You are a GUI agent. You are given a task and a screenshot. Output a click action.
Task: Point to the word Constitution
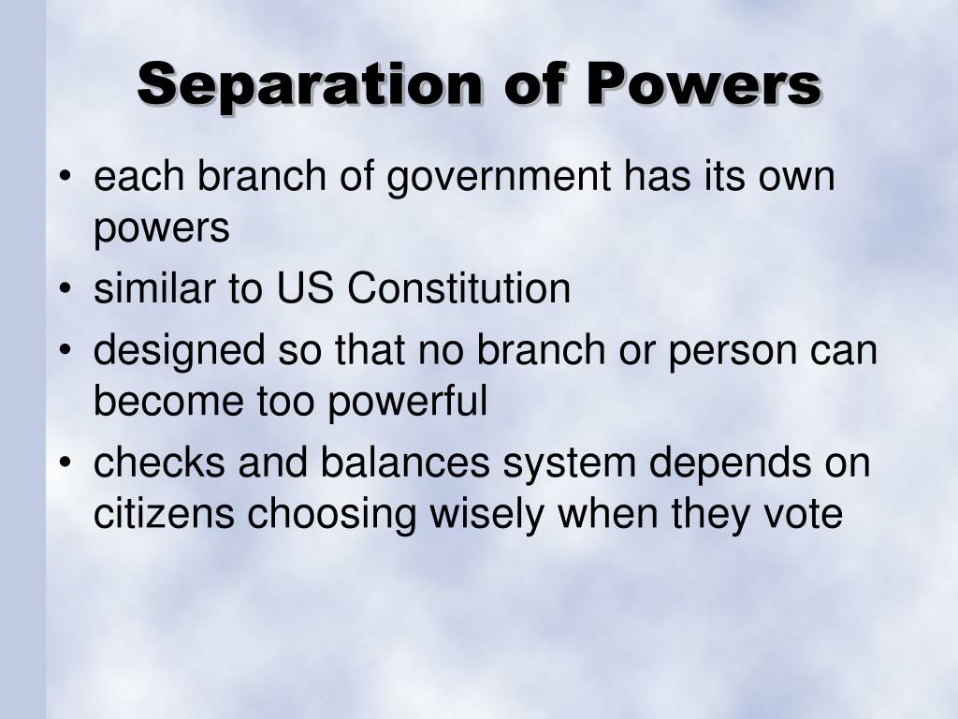pyautogui.click(x=458, y=287)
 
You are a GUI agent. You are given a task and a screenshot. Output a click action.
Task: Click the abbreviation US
pyautogui.click(x=305, y=287)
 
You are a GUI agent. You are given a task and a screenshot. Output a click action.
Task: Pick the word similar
pyautogui.click(x=154, y=287)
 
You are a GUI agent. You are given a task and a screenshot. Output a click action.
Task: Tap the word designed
pyautogui.click(x=180, y=353)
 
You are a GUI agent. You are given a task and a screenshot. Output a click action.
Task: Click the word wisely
pyautogui.click(x=486, y=516)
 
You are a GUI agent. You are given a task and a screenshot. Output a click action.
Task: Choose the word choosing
pyautogui.click(x=332, y=516)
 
